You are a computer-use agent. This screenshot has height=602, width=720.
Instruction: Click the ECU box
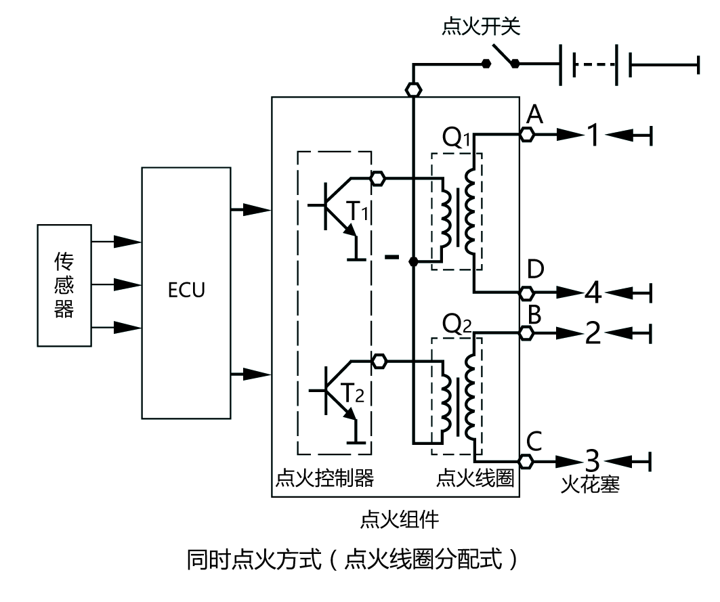(x=186, y=292)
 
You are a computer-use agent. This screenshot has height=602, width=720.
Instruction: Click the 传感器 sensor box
(x=64, y=285)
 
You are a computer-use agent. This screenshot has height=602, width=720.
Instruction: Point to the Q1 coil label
(x=455, y=139)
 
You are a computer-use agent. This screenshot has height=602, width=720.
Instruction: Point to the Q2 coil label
(x=455, y=325)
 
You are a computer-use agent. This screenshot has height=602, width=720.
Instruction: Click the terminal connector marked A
(x=527, y=135)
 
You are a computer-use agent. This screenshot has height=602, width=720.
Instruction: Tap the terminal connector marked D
(x=527, y=293)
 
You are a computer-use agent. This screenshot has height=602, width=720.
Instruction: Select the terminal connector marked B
(x=527, y=332)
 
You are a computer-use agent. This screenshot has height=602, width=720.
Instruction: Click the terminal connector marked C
(x=527, y=461)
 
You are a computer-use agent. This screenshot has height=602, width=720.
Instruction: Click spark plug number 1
(x=592, y=135)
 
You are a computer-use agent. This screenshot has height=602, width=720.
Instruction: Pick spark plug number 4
(x=593, y=293)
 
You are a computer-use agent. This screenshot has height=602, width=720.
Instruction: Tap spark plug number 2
(x=593, y=333)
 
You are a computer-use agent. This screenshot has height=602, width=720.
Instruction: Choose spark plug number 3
(x=593, y=461)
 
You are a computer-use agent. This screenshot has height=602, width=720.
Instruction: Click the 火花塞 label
(x=590, y=485)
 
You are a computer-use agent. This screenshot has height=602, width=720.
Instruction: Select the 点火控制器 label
(x=324, y=478)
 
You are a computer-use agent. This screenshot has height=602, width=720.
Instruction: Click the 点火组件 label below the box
(x=400, y=519)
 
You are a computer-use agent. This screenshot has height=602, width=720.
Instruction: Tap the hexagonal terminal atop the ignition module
(x=412, y=89)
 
